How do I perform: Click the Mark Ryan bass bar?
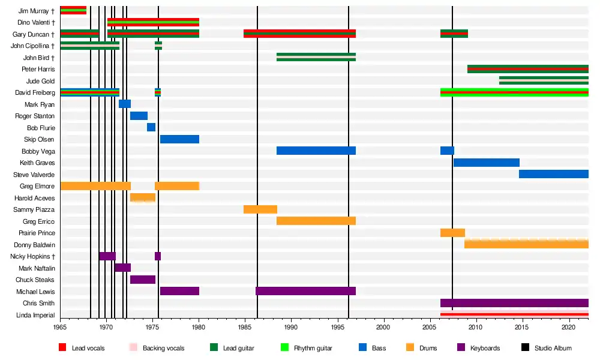[x=125, y=104]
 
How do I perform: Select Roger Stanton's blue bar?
[x=139, y=116]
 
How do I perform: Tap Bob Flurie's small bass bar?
[x=151, y=128]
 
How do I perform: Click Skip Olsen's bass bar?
[x=179, y=139]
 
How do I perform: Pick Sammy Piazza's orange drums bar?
[x=260, y=209]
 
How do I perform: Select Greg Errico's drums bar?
[x=316, y=221]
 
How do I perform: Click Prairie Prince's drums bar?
[x=452, y=233]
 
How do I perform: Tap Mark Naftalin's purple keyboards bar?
[x=122, y=268]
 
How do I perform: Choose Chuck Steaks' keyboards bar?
[x=143, y=280]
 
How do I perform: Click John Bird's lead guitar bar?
[x=316, y=58]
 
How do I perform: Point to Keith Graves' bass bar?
[x=486, y=163]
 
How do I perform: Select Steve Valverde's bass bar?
[x=553, y=175]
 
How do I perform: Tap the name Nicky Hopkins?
[x=34, y=256]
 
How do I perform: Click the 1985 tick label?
[x=245, y=328]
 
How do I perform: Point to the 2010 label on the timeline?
[x=476, y=328]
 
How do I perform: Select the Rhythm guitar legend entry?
[x=313, y=348]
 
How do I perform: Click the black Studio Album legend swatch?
[x=525, y=348]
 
